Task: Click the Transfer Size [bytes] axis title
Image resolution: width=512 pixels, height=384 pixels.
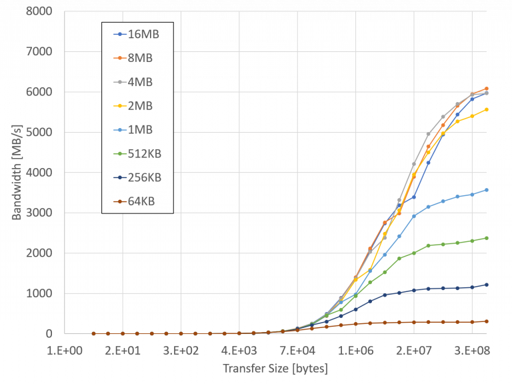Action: (x=275, y=368)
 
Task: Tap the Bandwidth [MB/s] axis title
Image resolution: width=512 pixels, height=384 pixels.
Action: (x=18, y=172)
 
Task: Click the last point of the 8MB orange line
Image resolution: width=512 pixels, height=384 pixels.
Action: (x=487, y=89)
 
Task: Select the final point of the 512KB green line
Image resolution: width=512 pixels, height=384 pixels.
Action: (x=487, y=237)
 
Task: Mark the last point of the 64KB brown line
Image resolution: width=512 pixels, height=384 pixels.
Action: (x=487, y=321)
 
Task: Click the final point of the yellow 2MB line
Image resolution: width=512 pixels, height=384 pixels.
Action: (x=487, y=109)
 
